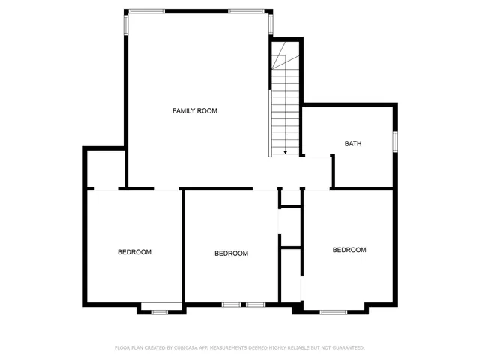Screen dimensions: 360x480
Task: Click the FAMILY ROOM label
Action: (195, 111)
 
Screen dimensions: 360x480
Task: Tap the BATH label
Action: (353, 143)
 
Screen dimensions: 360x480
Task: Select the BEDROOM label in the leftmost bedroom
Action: (134, 252)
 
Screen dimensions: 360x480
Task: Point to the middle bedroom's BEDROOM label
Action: (231, 253)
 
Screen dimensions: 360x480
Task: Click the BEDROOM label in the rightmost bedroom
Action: (349, 250)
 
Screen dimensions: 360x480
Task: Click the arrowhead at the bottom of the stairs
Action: (286, 152)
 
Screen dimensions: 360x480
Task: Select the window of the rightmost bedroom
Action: (334, 310)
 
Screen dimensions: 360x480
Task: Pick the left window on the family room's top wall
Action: (147, 11)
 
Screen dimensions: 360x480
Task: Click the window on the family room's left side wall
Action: (126, 23)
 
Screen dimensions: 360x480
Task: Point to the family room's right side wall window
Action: (271, 23)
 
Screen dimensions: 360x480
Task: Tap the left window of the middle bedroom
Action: (232, 304)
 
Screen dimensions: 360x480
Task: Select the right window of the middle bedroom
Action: (256, 304)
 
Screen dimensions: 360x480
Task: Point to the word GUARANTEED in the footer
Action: (347, 348)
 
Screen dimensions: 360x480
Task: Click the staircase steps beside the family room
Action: (286, 105)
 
